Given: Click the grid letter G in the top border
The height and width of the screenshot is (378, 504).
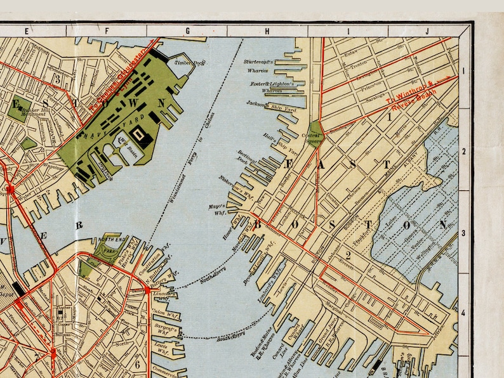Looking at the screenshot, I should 187,30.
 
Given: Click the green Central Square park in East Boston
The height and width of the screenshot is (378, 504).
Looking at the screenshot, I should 314,134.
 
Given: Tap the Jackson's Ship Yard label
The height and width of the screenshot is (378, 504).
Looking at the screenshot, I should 267,105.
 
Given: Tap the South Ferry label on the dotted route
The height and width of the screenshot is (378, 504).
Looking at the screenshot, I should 230,334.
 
